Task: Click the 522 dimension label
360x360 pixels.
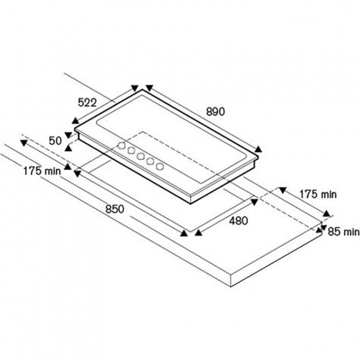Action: click(87, 102)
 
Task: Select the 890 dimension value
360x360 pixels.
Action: click(215, 111)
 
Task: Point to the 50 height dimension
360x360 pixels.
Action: click(55, 141)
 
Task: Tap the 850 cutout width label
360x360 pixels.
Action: click(115, 209)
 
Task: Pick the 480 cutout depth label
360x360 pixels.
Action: click(239, 221)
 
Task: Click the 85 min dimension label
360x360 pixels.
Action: click(343, 231)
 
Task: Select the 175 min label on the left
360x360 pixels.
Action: click(42, 171)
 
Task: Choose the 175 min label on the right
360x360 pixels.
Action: click(318, 194)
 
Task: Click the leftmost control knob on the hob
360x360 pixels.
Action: click(122, 146)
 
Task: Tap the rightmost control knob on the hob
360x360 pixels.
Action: click(160, 166)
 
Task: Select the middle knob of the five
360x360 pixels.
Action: click(141, 156)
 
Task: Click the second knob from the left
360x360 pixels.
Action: click(131, 151)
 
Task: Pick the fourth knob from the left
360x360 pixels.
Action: click(151, 161)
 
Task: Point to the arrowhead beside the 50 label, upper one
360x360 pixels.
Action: click(68, 135)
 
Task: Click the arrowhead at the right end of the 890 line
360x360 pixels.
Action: click(258, 149)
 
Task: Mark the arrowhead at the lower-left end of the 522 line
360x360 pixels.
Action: click(75, 121)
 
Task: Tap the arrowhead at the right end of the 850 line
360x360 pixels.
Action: click(184, 233)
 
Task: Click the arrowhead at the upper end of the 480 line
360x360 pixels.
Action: click(254, 202)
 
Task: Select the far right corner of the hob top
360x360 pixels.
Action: click(258, 157)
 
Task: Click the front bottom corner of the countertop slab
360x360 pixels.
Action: click(231, 286)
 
